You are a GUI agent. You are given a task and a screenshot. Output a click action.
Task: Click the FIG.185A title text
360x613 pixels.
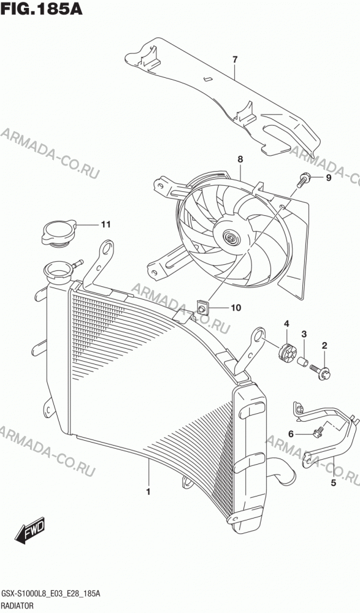(x=42, y=9)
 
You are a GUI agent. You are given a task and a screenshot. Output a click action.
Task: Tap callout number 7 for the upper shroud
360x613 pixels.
(x=235, y=60)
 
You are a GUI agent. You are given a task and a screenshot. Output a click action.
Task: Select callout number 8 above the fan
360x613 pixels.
(x=240, y=159)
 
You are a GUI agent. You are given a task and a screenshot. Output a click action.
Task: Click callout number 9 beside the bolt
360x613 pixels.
(x=328, y=178)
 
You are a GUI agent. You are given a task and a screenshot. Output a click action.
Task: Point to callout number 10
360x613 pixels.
(x=236, y=308)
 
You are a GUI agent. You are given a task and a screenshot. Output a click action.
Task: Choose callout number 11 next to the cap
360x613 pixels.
(x=105, y=224)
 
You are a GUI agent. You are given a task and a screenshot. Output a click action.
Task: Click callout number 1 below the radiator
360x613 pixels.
(x=148, y=492)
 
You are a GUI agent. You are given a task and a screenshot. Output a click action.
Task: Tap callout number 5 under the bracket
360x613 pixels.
(x=334, y=483)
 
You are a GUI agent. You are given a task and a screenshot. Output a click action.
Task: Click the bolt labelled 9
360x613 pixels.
(x=303, y=180)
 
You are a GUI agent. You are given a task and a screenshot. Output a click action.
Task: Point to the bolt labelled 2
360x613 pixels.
(x=321, y=371)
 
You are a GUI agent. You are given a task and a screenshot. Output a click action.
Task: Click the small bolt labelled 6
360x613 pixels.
(x=317, y=432)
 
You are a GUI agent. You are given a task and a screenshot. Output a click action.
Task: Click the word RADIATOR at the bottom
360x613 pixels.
(x=18, y=605)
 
